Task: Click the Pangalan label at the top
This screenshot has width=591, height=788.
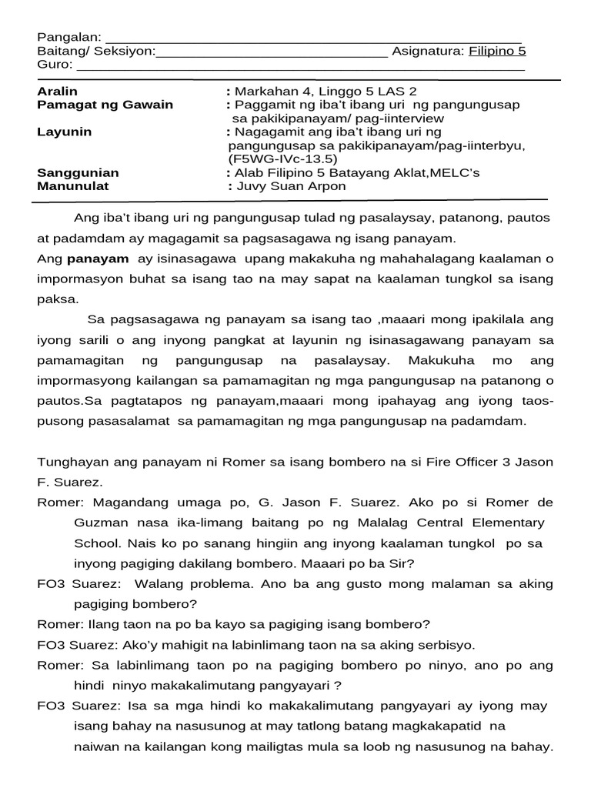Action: click(68, 38)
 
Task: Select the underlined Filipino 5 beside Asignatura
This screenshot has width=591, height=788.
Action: click(497, 52)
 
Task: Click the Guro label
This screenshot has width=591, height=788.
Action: click(53, 65)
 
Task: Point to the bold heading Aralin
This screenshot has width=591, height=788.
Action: click(57, 92)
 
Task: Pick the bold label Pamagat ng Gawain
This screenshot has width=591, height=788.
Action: click(105, 105)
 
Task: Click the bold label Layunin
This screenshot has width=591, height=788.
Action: click(64, 132)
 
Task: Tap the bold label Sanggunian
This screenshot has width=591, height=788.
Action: click(78, 173)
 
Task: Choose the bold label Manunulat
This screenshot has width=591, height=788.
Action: click(73, 186)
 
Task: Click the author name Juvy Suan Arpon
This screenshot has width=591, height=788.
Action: click(292, 186)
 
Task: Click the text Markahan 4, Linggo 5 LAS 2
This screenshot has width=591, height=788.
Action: click(326, 92)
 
